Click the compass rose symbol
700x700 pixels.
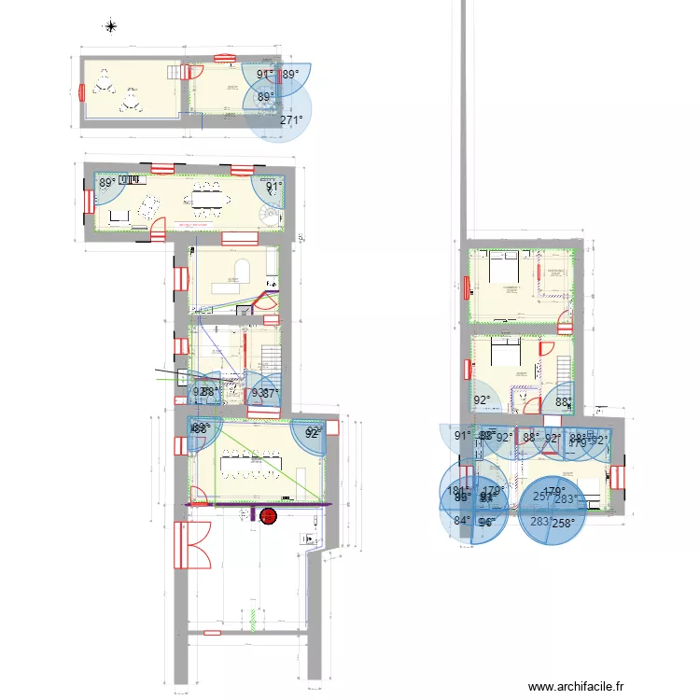coord(111,26)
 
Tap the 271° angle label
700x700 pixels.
coord(292,120)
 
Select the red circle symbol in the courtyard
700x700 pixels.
coord(269,514)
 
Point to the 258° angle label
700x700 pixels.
coord(562,524)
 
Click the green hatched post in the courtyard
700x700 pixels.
coord(253,618)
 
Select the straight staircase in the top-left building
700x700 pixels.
coord(173,71)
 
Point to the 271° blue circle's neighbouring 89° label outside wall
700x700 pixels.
coord(291,74)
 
